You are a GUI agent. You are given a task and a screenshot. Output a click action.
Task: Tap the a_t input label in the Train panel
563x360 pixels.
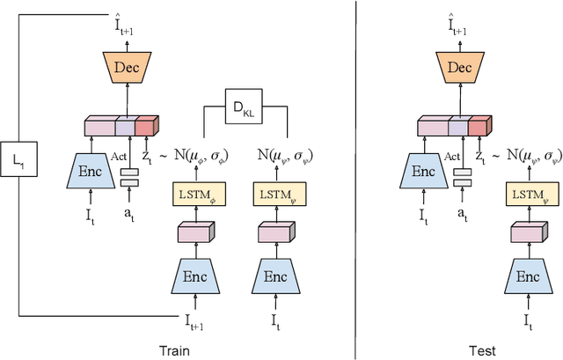pyautogui.click(x=129, y=214)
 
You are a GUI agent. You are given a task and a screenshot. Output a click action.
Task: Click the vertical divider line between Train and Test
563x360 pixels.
pyautogui.click(x=355, y=176)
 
